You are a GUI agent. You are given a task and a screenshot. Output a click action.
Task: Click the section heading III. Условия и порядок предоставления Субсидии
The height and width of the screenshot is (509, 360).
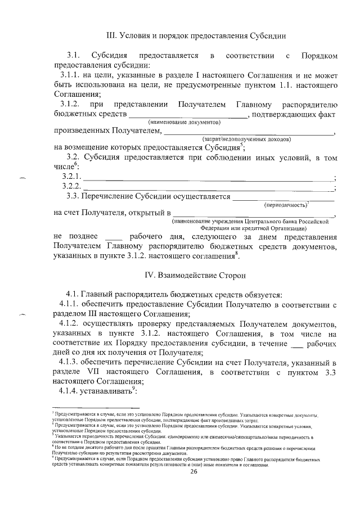(x=196, y=36)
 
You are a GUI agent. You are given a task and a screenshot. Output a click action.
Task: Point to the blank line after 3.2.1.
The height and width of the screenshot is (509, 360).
(x=208, y=178)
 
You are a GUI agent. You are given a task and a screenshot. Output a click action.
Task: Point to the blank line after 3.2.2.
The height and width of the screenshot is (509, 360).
(x=208, y=187)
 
